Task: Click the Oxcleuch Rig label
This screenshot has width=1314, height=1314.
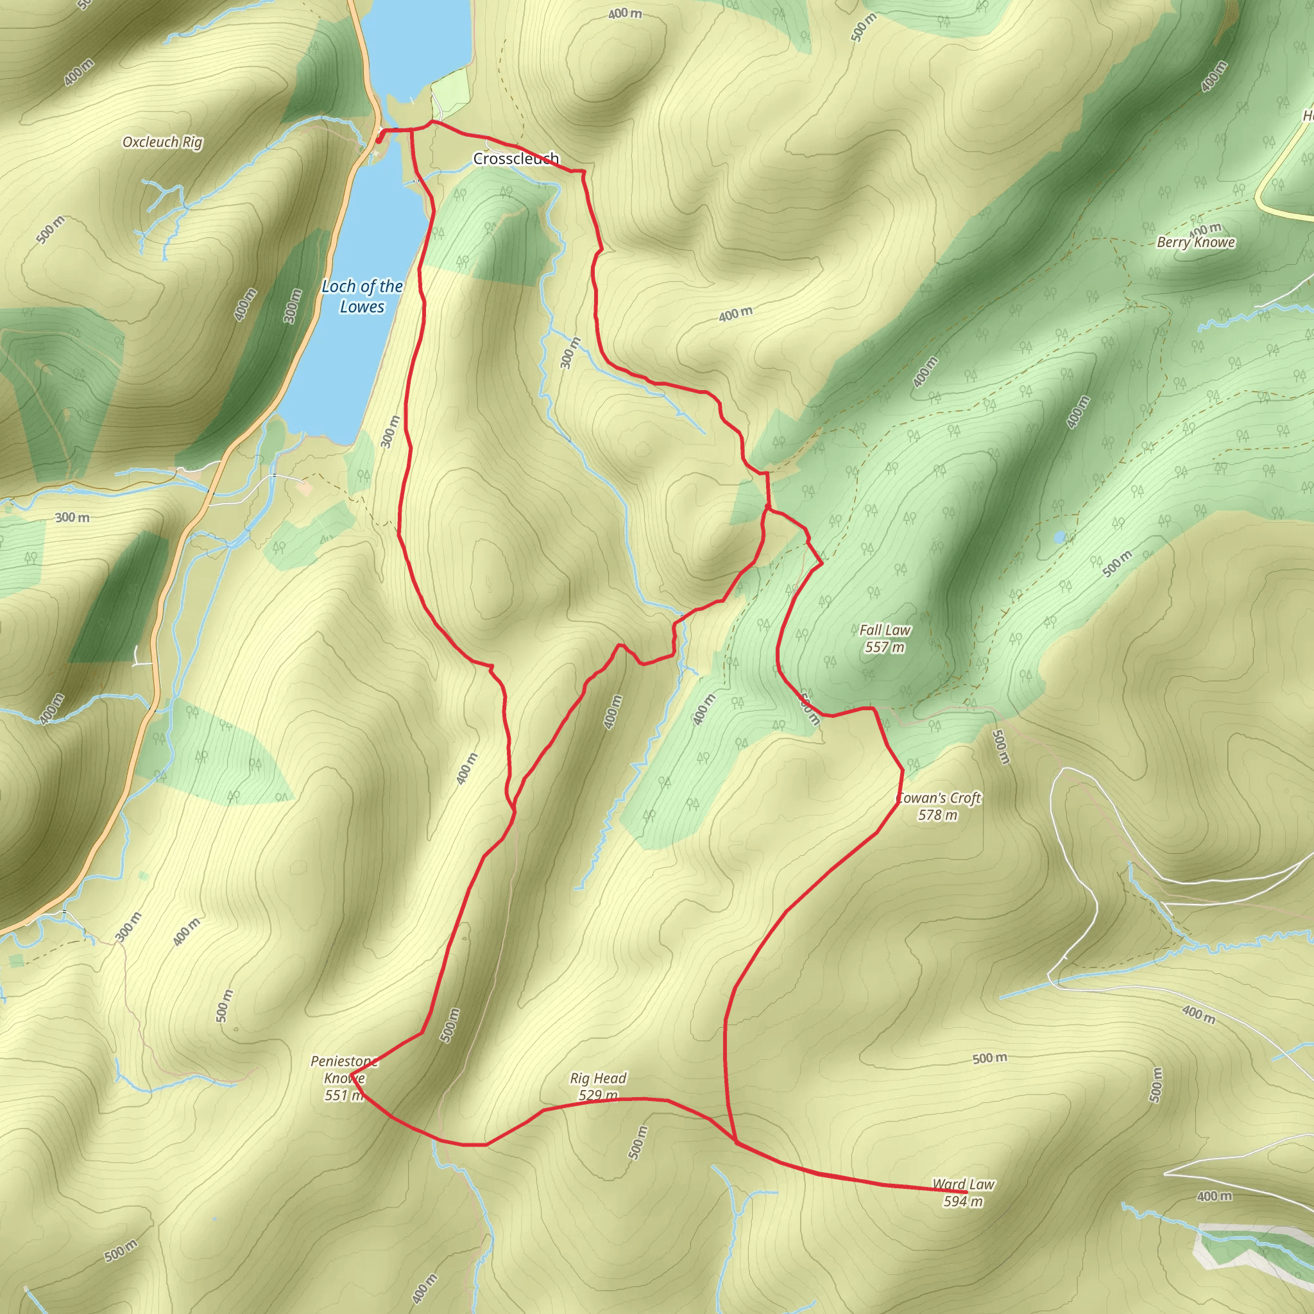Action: click(162, 142)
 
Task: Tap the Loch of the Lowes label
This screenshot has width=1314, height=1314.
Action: click(362, 296)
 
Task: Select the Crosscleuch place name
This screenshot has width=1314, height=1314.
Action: click(516, 158)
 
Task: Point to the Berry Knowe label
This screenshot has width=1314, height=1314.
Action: click(1196, 242)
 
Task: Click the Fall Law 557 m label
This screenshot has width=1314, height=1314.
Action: click(884, 638)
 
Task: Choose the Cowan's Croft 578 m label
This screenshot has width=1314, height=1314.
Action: click(939, 806)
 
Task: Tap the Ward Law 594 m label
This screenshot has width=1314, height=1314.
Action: click(963, 1193)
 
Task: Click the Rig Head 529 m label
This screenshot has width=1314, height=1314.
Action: click(598, 1086)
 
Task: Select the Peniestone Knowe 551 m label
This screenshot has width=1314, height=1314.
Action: click(344, 1078)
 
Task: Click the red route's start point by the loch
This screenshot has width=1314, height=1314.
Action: click(379, 140)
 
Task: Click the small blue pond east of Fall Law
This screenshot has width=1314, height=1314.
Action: click(1059, 537)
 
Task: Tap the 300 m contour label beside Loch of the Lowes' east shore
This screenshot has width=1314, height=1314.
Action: click(390, 431)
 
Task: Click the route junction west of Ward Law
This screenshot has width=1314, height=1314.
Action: click(736, 1143)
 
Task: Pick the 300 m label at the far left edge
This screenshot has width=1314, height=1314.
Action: click(72, 518)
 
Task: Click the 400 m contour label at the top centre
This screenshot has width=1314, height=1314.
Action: click(624, 13)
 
